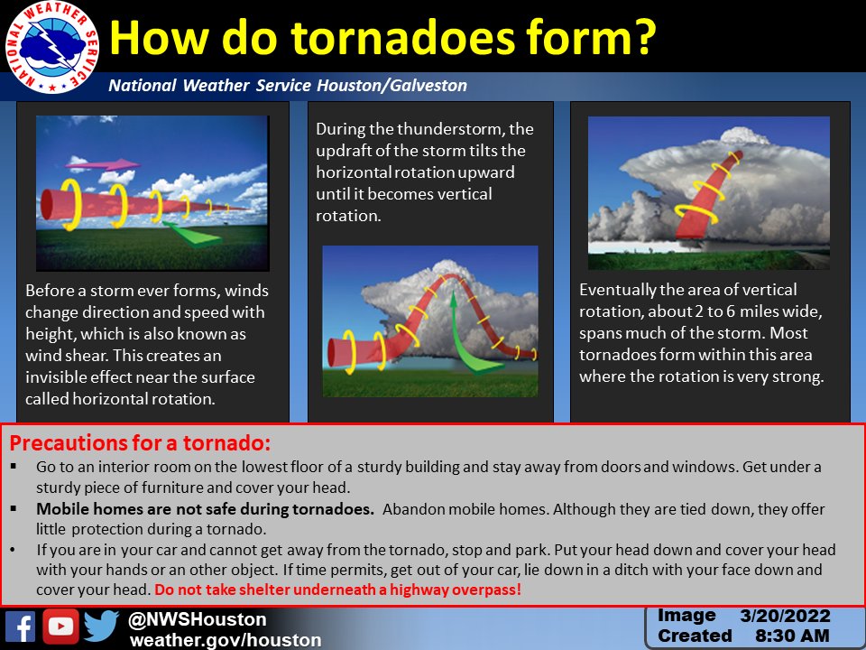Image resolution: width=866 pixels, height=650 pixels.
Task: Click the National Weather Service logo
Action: (x=52, y=47)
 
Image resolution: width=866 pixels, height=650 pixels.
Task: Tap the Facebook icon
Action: (x=21, y=627)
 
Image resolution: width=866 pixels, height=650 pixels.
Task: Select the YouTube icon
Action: (x=60, y=627)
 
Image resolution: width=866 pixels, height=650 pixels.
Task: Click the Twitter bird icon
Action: (x=101, y=626)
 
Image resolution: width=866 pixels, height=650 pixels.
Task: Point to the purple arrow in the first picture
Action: (x=103, y=164)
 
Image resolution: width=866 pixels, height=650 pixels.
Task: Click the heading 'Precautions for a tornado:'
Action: (x=141, y=442)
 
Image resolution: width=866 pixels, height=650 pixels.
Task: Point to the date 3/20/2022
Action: (x=785, y=616)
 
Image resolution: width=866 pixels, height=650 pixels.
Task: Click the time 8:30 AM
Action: (x=792, y=636)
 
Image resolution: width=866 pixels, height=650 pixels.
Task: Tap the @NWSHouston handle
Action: (x=198, y=619)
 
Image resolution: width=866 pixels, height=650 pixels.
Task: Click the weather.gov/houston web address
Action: (x=226, y=640)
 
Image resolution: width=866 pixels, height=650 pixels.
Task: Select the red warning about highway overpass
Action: (x=338, y=590)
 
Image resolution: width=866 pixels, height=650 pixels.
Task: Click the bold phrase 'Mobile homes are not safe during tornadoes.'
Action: (x=206, y=509)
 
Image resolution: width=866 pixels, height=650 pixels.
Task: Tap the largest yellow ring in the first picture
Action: (x=72, y=204)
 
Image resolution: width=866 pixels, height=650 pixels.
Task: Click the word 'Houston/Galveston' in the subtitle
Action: (x=392, y=85)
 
